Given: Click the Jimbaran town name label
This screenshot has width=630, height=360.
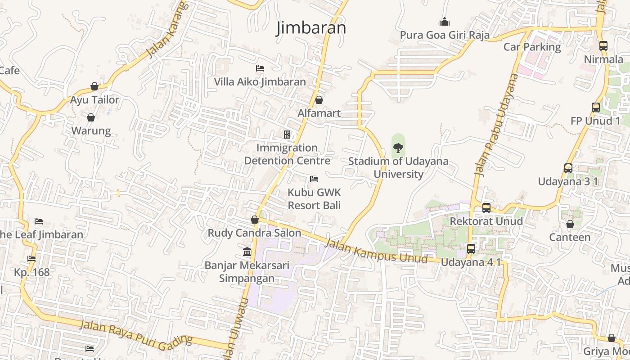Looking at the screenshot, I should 311,28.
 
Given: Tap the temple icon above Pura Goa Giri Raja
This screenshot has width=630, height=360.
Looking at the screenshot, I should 444,22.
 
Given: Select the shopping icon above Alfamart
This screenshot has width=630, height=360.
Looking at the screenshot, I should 319,100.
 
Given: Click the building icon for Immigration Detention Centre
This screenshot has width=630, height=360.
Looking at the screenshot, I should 287,135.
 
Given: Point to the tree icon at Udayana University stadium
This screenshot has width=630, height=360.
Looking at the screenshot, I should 398,148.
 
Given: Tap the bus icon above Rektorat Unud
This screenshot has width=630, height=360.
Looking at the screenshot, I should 486,207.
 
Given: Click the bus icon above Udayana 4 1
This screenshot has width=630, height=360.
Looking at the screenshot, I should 471,248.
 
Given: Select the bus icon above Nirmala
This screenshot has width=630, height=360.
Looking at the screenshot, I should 603,45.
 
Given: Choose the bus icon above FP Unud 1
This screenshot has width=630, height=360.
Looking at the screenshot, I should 596,107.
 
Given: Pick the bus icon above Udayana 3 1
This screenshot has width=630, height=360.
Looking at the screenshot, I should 568,168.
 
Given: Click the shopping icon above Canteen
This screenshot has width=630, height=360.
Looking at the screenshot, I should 570,224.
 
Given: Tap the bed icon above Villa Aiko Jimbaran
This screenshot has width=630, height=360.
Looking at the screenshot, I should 260,68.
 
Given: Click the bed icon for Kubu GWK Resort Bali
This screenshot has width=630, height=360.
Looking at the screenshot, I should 314,179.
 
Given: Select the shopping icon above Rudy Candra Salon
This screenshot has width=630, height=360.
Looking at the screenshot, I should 254,220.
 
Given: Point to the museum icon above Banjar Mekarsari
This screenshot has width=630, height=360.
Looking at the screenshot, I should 247,252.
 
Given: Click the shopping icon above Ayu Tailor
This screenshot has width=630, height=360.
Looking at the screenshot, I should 94,86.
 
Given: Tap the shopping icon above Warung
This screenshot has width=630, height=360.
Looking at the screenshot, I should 91,117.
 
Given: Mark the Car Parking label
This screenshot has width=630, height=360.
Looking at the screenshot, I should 532,47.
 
